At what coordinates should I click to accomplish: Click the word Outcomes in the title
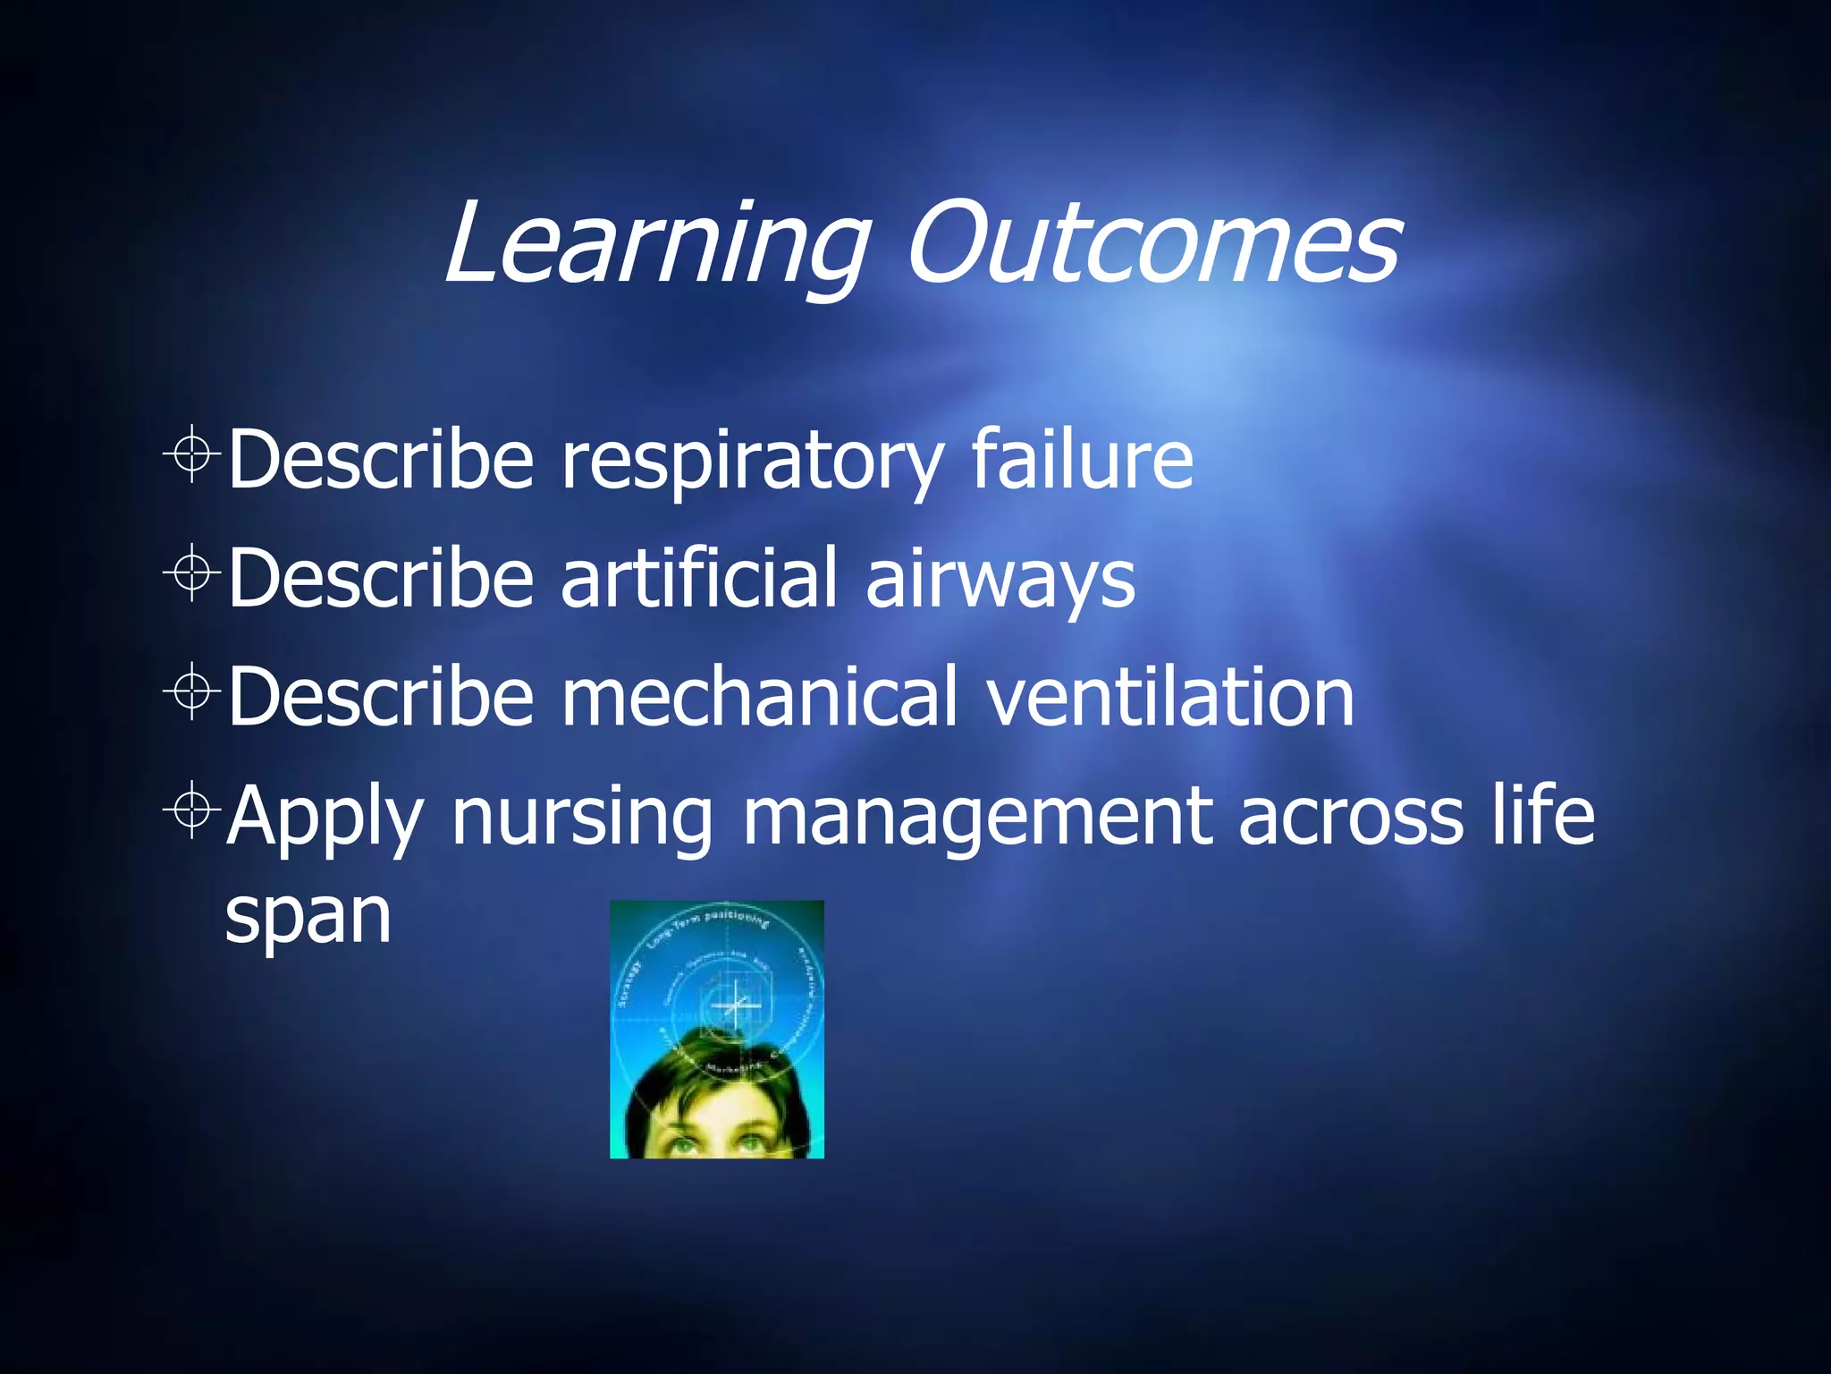coord(1153,243)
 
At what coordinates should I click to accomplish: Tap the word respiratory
coord(751,461)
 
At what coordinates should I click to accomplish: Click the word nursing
coord(582,816)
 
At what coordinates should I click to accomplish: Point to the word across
coord(1350,816)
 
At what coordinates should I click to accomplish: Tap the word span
coord(308,917)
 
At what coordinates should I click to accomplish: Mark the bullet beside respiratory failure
coord(191,454)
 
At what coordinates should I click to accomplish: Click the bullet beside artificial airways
coord(191,572)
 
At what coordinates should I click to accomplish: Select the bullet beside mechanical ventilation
coord(191,691)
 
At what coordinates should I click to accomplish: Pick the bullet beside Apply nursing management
coord(191,810)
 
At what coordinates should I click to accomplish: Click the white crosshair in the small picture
coord(735,1006)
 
